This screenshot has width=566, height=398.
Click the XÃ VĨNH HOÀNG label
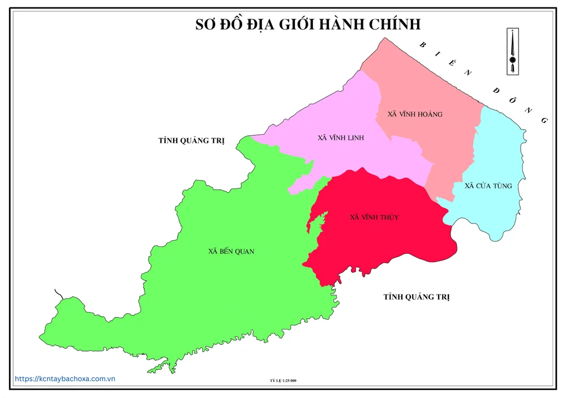[415, 114]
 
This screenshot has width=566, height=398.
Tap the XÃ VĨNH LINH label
[341, 138]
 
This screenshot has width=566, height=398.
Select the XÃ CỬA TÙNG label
[488, 186]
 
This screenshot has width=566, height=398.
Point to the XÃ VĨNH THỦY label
[374, 217]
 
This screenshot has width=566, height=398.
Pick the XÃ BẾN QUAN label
[231, 251]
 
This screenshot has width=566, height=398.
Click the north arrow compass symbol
[513, 52]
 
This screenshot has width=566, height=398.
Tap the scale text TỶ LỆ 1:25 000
[284, 380]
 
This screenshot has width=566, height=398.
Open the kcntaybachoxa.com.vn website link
[65, 379]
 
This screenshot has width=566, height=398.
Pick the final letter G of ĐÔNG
[544, 121]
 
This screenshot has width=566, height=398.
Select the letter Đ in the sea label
[496, 89]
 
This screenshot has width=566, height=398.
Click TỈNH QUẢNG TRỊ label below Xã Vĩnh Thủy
[416, 297]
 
